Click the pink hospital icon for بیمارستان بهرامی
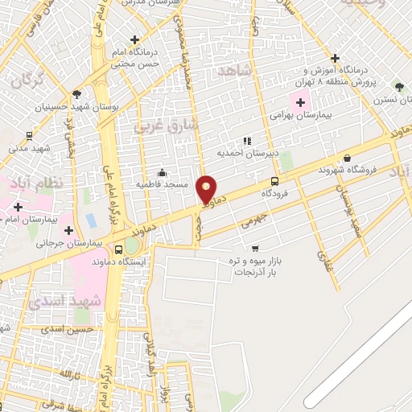(301, 103)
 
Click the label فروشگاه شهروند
(347, 170)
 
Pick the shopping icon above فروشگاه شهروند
(347, 158)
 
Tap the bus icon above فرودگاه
(275, 181)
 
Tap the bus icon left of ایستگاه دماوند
(119, 249)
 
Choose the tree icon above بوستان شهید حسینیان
(76, 93)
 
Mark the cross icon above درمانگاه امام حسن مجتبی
(134, 39)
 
